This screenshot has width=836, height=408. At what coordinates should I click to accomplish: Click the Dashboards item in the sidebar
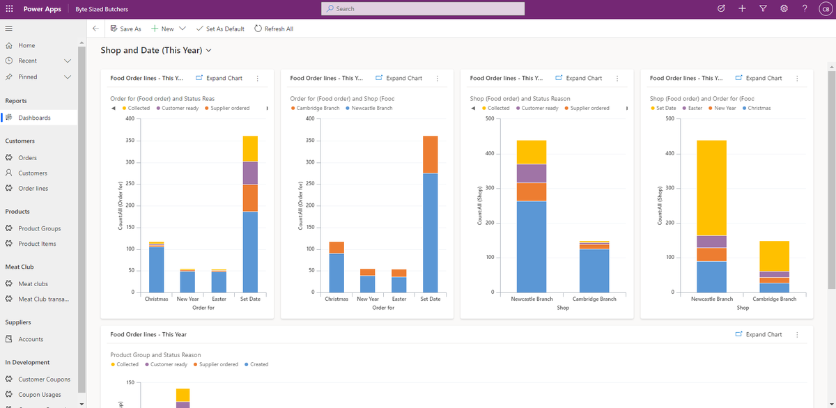click(x=34, y=118)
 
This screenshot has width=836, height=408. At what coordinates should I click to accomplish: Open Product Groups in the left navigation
click(x=39, y=228)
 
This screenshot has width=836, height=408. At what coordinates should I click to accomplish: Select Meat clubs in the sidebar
click(x=33, y=283)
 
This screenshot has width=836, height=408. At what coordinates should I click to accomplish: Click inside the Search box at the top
click(x=422, y=8)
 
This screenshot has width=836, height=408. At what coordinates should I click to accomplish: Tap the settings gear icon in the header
click(x=784, y=8)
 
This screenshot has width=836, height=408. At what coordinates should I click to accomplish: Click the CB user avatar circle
click(x=824, y=8)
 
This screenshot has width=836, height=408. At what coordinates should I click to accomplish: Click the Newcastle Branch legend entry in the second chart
click(x=371, y=108)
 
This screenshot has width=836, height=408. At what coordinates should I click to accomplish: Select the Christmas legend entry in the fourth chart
click(x=759, y=108)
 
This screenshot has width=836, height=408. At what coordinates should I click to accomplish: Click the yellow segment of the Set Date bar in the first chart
click(x=250, y=148)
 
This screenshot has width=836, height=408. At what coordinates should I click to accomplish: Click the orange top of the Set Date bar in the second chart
click(x=430, y=154)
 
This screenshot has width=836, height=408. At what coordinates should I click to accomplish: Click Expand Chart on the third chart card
click(x=582, y=78)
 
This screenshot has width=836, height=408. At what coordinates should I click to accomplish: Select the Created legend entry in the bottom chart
click(x=258, y=364)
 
